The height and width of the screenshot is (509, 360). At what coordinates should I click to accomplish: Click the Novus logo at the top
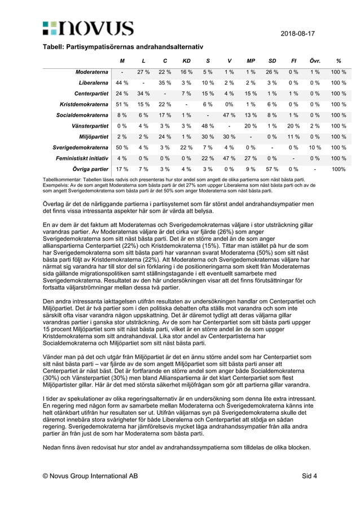click(87, 28)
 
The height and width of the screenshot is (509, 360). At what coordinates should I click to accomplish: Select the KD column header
click(186, 61)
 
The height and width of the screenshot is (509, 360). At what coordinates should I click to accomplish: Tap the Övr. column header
click(315, 61)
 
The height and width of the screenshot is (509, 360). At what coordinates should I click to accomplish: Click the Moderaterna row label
click(92, 72)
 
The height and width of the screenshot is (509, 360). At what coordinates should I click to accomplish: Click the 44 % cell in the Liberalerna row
click(122, 83)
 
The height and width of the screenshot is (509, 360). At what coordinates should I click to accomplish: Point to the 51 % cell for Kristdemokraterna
click(122, 104)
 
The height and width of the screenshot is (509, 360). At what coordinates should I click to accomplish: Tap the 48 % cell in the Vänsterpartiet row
click(208, 126)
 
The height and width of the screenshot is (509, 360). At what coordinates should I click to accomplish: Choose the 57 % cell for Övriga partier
click(272, 169)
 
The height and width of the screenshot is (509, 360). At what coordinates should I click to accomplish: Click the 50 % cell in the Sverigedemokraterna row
click(122, 147)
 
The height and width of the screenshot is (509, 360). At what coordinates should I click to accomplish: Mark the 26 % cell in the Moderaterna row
click(272, 72)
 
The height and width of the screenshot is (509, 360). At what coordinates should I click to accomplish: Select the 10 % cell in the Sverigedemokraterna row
click(315, 147)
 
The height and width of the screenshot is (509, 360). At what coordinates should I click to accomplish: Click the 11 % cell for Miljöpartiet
click(294, 137)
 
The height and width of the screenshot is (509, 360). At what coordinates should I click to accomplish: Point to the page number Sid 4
click(309, 476)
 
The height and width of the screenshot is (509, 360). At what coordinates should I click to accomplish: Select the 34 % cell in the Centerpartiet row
click(143, 94)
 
